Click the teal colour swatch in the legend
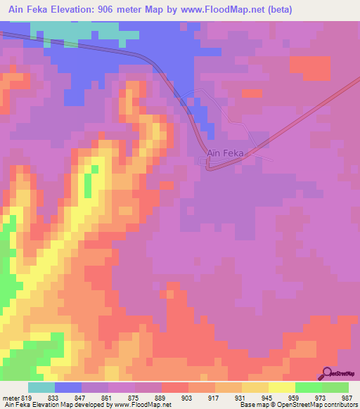click(x=41, y=387)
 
